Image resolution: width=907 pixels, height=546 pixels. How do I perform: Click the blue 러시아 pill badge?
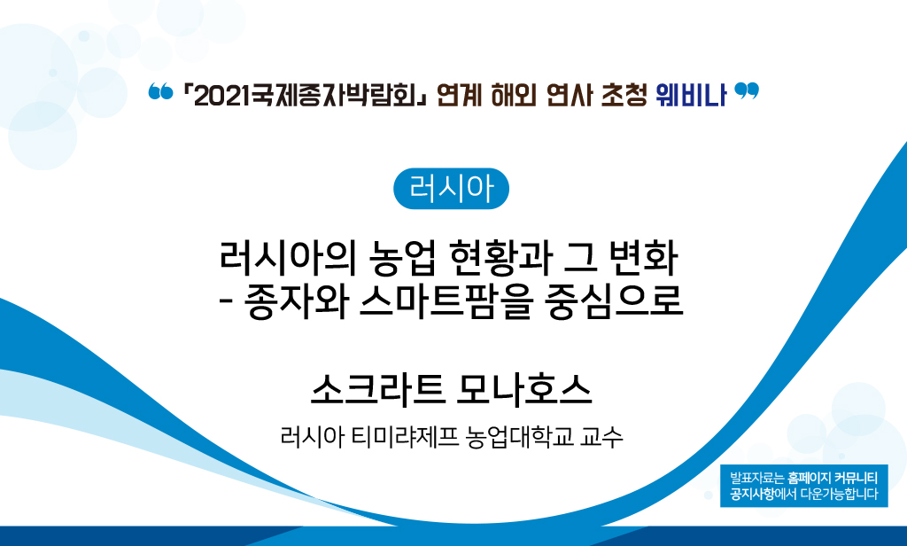tap(451, 188)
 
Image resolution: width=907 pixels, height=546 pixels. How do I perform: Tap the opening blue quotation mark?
tap(160, 91)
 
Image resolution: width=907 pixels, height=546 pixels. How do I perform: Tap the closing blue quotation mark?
tap(746, 91)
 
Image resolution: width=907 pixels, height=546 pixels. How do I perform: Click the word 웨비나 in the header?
tap(691, 95)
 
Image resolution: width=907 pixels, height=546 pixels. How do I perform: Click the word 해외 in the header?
tap(513, 95)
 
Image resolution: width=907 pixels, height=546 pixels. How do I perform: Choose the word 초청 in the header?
tap(624, 95)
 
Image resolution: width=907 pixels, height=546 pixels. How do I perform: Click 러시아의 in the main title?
tap(288, 257)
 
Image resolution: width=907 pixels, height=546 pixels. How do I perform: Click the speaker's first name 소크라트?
tap(377, 389)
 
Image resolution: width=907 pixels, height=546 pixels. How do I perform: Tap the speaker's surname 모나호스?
tap(523, 389)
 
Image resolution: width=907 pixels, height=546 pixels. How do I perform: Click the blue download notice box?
tap(803, 485)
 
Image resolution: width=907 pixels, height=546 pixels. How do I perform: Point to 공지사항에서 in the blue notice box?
tap(763, 494)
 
